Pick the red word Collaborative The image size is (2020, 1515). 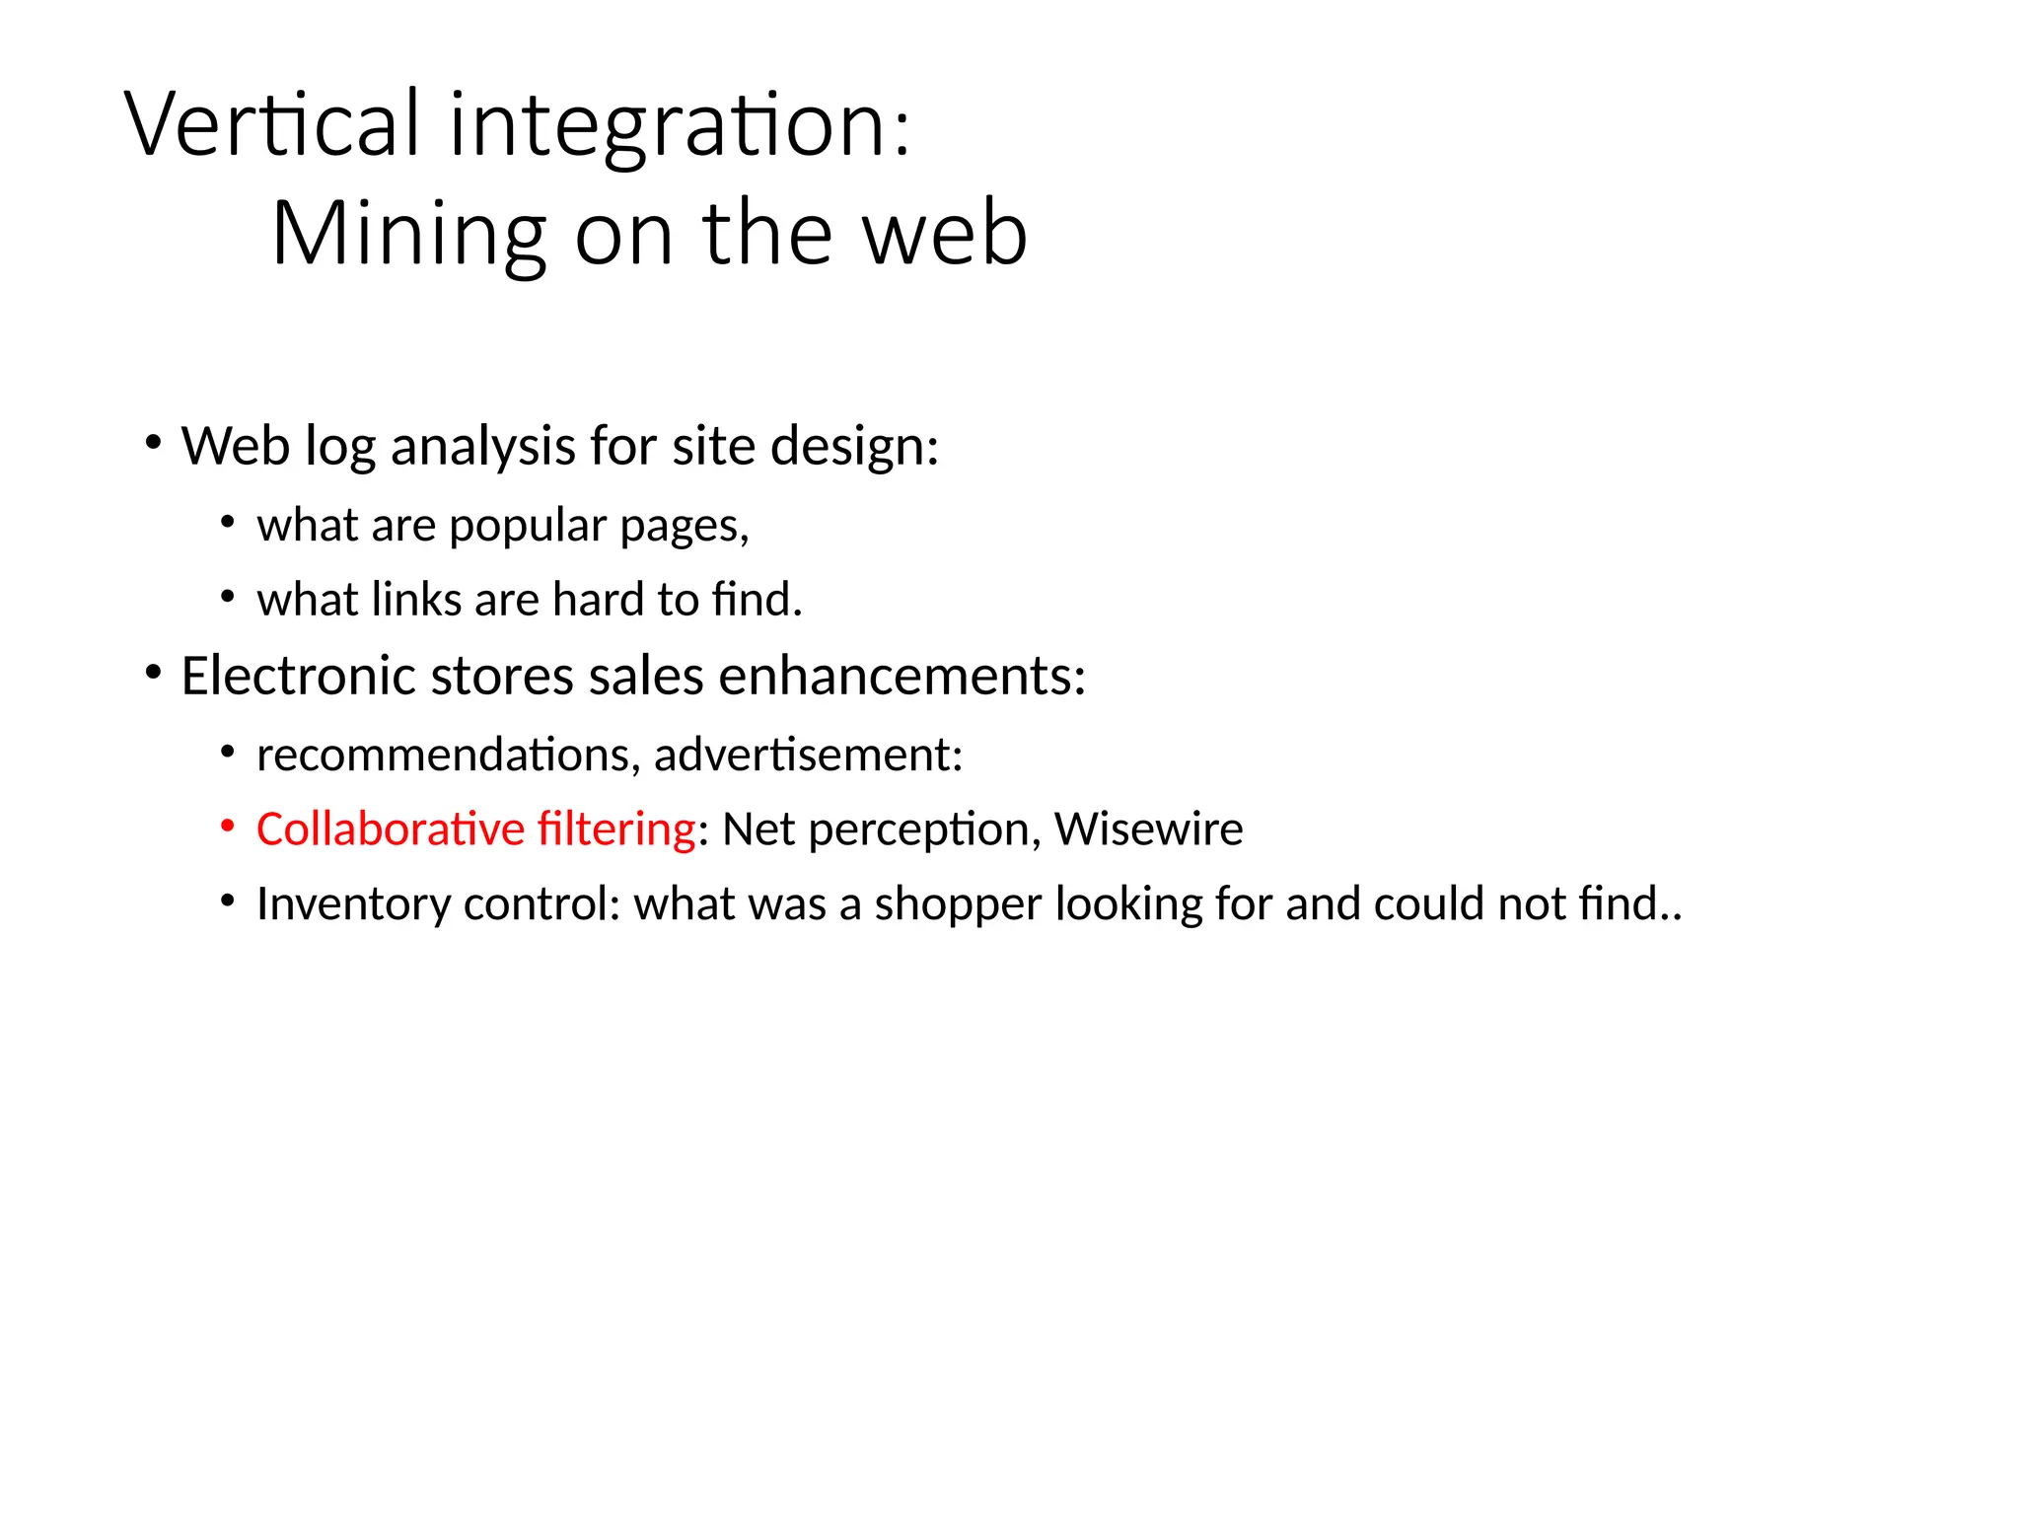point(390,829)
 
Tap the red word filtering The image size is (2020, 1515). point(616,830)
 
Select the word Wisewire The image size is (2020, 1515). point(1148,829)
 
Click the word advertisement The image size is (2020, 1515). point(807,755)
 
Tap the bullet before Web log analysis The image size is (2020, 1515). point(152,443)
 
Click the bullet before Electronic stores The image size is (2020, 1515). point(152,673)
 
